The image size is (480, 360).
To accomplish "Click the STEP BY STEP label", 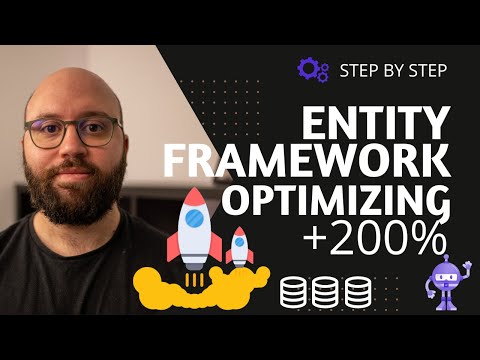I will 392,70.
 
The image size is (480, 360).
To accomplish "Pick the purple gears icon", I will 314,69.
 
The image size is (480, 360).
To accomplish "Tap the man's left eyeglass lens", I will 104,132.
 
